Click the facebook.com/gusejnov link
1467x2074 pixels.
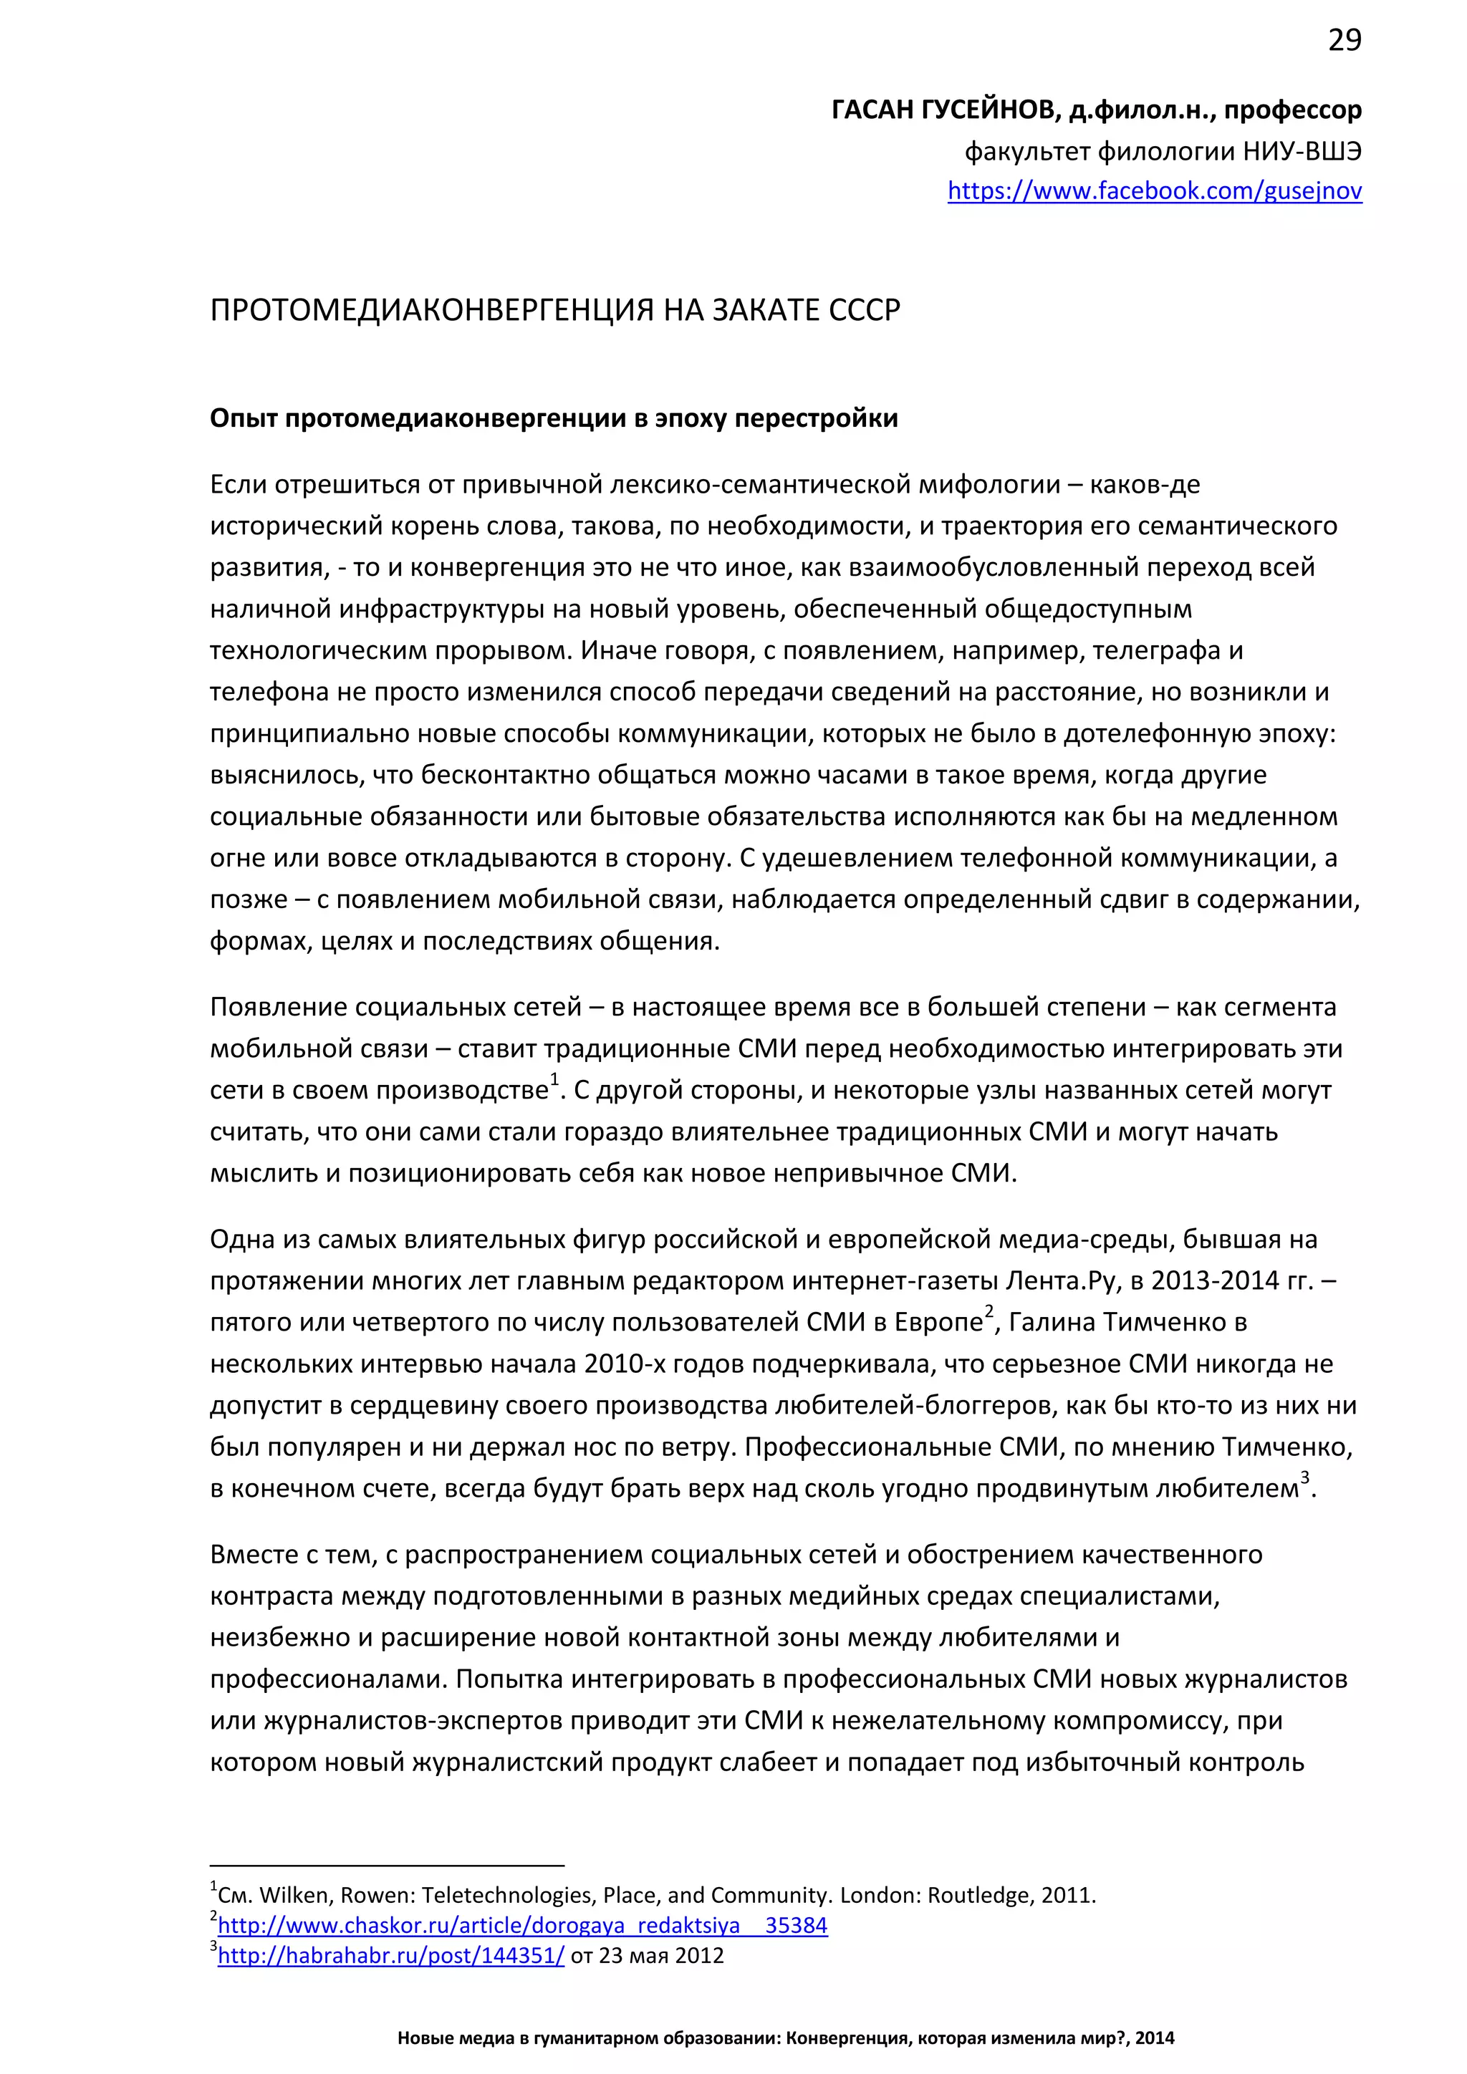[x=1155, y=190]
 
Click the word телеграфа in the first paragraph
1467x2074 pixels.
[x=1148, y=650]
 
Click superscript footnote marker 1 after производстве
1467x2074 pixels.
[x=554, y=1079]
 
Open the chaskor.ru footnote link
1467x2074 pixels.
[x=522, y=1925]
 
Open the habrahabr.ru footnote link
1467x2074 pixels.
[x=390, y=1956]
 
